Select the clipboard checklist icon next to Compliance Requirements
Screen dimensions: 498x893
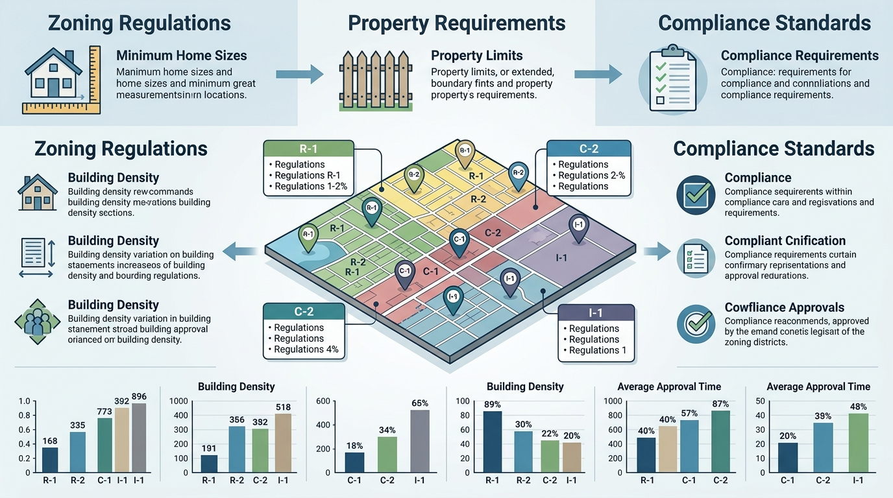pyautogui.click(x=671, y=78)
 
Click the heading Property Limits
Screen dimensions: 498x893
pyautogui.click(x=476, y=55)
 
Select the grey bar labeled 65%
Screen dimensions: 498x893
pyautogui.click(x=420, y=440)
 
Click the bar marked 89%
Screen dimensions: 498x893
pyautogui.click(x=492, y=441)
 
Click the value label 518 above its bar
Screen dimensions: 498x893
pyautogui.click(x=282, y=407)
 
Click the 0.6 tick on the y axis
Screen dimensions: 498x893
pyautogui.click(x=25, y=430)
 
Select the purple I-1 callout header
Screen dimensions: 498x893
pyautogui.click(x=596, y=313)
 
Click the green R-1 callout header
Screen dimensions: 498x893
pyautogui.click(x=308, y=148)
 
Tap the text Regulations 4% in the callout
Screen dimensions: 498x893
pyautogui.click(x=306, y=350)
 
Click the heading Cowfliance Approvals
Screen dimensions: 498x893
pyautogui.click(x=784, y=307)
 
